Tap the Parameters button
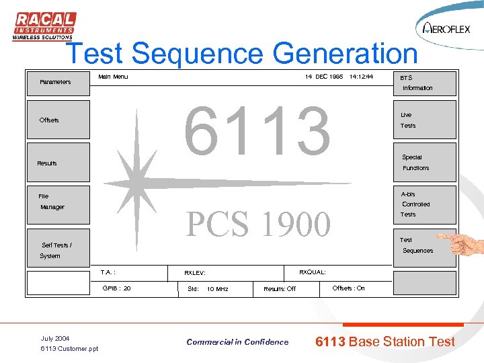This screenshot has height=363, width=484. [x=58, y=83]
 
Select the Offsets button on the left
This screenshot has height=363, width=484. [x=58, y=120]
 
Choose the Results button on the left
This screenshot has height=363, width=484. [x=58, y=163]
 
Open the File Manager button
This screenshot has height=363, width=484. [x=58, y=202]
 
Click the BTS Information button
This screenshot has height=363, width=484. [x=424, y=83]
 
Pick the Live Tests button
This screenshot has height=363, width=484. [x=424, y=120]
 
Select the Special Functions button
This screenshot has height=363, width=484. [x=424, y=163]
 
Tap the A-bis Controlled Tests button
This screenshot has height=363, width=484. [x=424, y=204]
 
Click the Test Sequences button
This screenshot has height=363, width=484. [x=424, y=245]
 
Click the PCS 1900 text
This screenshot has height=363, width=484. [x=258, y=225]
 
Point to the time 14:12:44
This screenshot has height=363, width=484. [x=361, y=77]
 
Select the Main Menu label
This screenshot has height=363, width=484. [x=113, y=77]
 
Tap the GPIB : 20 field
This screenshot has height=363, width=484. [x=117, y=288]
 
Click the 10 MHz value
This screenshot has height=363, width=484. [x=217, y=289]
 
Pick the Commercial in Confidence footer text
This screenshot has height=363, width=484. [x=237, y=342]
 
